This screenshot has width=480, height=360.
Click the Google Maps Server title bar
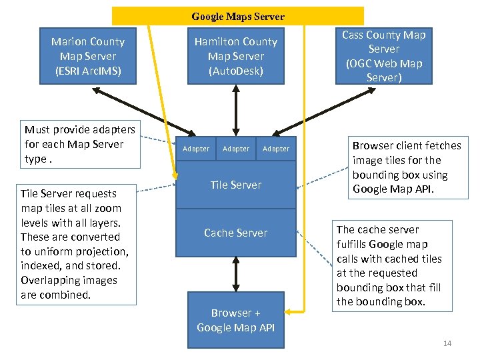(x=237, y=16)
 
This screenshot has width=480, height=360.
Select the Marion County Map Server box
(x=87, y=56)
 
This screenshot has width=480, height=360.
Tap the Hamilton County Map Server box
(x=235, y=56)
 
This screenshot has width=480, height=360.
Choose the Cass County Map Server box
(x=383, y=56)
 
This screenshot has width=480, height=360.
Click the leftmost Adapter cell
(x=195, y=149)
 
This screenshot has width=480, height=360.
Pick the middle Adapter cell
(x=235, y=149)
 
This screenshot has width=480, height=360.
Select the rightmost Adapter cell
(x=276, y=149)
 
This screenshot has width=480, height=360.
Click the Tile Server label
(x=235, y=185)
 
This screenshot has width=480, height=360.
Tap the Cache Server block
(x=235, y=233)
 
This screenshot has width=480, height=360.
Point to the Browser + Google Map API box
(x=235, y=320)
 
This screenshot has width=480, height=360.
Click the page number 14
(x=447, y=343)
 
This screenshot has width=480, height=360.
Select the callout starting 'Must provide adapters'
(x=79, y=144)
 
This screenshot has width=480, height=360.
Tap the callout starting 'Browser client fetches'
(x=406, y=167)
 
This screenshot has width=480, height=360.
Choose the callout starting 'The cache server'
(x=388, y=265)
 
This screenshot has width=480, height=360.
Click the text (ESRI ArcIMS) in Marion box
(x=88, y=71)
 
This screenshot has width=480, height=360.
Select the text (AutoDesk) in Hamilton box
(x=235, y=71)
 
